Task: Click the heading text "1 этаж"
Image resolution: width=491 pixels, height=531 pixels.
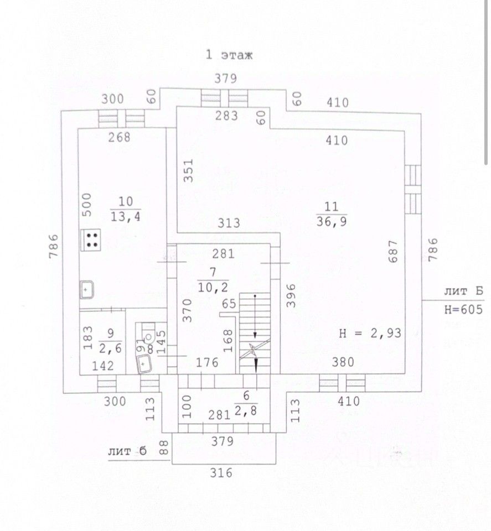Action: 229,55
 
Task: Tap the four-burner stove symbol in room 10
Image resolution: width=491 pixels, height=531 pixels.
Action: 90,240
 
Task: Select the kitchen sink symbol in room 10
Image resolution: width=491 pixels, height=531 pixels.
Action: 87,289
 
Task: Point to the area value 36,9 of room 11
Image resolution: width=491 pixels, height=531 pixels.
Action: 332,222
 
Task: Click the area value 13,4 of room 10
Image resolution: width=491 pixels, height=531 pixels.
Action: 125,217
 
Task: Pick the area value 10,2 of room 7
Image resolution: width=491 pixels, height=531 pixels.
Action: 213,288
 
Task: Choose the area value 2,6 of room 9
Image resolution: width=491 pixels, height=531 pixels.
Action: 111,348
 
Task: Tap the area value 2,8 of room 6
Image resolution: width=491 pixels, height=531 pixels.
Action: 246,411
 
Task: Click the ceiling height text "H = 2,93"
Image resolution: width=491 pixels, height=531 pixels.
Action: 370,333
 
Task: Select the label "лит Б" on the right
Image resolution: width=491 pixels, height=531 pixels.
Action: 463,291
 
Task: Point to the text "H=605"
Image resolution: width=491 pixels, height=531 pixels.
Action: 463,309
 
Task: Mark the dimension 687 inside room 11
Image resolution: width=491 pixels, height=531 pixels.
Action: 393,251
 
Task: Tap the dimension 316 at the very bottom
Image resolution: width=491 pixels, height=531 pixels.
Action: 221,472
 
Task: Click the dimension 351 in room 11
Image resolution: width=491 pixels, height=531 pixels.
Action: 188,171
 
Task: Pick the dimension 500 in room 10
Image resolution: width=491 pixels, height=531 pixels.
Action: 87,204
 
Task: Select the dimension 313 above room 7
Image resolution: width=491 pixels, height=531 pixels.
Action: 229,223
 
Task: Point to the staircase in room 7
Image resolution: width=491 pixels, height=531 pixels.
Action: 255,333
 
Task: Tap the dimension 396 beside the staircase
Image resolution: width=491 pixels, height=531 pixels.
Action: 291,295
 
